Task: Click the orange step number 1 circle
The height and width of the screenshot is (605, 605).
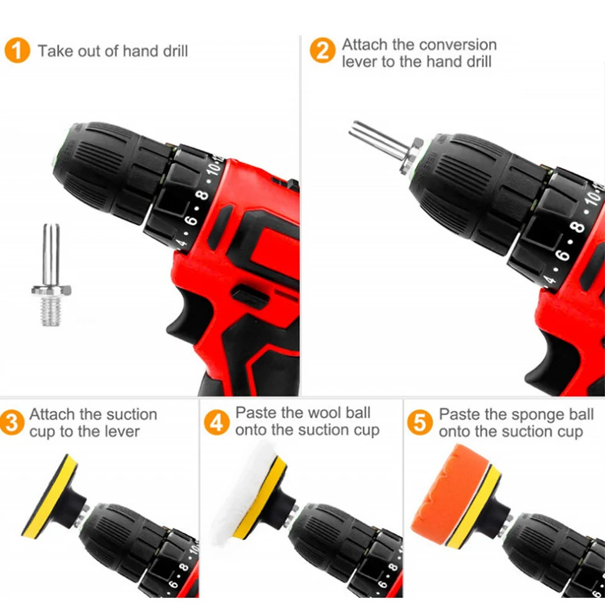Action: point(18,50)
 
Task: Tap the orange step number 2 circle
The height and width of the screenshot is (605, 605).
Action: point(322,50)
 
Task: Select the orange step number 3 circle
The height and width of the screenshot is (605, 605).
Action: point(11,422)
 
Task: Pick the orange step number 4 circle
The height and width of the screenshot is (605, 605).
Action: point(216,422)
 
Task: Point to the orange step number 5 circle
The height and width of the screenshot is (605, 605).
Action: point(420,422)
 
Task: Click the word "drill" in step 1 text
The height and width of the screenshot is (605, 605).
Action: point(175,51)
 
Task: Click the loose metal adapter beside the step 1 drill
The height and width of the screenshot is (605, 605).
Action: point(51,275)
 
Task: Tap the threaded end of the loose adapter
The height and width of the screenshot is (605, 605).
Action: point(51,311)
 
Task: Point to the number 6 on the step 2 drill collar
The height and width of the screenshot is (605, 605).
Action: point(563,256)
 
